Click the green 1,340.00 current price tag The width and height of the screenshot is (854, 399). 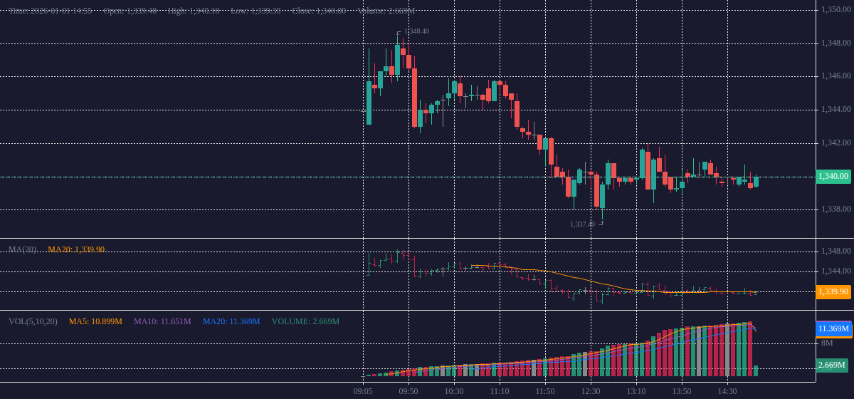833,176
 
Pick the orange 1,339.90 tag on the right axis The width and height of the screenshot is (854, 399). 833,291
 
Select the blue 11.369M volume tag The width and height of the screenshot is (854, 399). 833,328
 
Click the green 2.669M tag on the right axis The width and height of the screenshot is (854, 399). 831,366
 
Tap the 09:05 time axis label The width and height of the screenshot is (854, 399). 363,391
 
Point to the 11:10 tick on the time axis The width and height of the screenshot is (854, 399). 500,391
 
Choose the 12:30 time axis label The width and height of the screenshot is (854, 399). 591,391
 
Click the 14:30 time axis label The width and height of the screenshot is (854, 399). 727,391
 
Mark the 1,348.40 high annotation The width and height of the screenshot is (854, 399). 416,31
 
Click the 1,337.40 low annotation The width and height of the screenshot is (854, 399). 582,224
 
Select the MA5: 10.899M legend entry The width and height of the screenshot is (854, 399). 95,321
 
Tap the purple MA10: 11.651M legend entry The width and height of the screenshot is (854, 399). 162,321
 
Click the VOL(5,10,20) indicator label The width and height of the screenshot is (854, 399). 33,321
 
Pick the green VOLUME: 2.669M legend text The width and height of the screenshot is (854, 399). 305,321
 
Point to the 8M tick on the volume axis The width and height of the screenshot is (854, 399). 827,343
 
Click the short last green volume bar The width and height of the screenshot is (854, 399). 756,371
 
